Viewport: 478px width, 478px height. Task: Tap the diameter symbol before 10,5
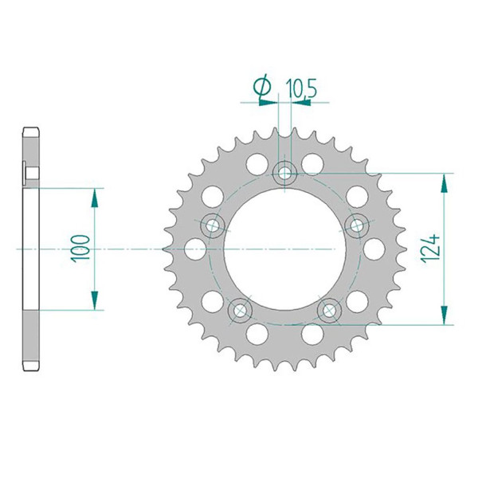click(263, 88)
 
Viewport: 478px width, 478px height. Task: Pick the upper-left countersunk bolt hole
click(212, 225)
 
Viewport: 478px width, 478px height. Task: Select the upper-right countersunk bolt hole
click(357, 225)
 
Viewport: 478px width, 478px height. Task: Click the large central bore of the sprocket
click(284, 249)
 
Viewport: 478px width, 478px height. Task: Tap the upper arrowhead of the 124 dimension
click(444, 181)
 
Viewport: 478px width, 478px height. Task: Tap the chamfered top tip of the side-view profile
click(31, 130)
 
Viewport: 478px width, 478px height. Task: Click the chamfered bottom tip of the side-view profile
click(31, 367)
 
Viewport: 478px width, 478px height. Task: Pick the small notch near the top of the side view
click(27, 171)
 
